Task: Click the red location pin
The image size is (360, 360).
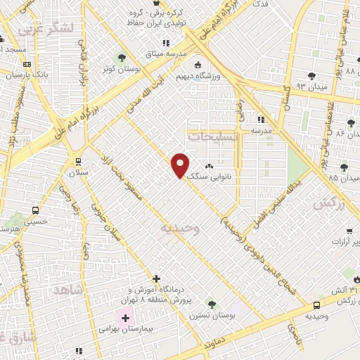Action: [x=181, y=165]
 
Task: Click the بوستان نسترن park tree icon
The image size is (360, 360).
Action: [x=212, y=304]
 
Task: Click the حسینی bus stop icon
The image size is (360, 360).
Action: [x=36, y=210]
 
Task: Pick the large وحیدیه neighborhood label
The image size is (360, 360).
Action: [x=181, y=229]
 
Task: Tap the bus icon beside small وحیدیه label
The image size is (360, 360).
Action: [x=316, y=305]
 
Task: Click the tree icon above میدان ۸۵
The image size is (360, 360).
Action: [x=343, y=167]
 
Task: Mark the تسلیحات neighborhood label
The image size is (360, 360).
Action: [x=212, y=138]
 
